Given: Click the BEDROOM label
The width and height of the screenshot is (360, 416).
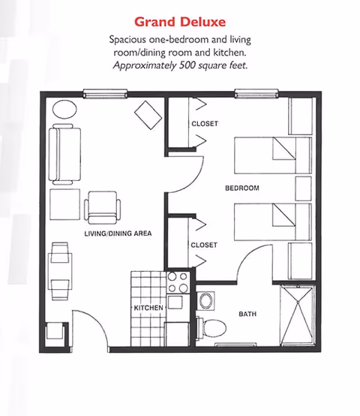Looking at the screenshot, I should [x=241, y=188].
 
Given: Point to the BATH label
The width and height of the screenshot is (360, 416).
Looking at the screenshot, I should [x=248, y=315].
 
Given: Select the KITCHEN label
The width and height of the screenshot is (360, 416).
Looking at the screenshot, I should [x=148, y=309].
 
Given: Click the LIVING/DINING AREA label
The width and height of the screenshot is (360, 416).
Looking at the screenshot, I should [x=118, y=234].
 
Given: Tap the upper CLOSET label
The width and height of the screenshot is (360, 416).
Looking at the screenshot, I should [x=204, y=123].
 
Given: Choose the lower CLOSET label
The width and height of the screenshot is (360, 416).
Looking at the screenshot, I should [x=204, y=245].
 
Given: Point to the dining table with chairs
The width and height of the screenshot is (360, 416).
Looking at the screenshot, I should [x=60, y=270].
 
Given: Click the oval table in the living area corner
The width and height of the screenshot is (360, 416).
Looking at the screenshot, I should [x=64, y=108].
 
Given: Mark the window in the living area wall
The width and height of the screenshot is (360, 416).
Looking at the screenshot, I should [x=104, y=94].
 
